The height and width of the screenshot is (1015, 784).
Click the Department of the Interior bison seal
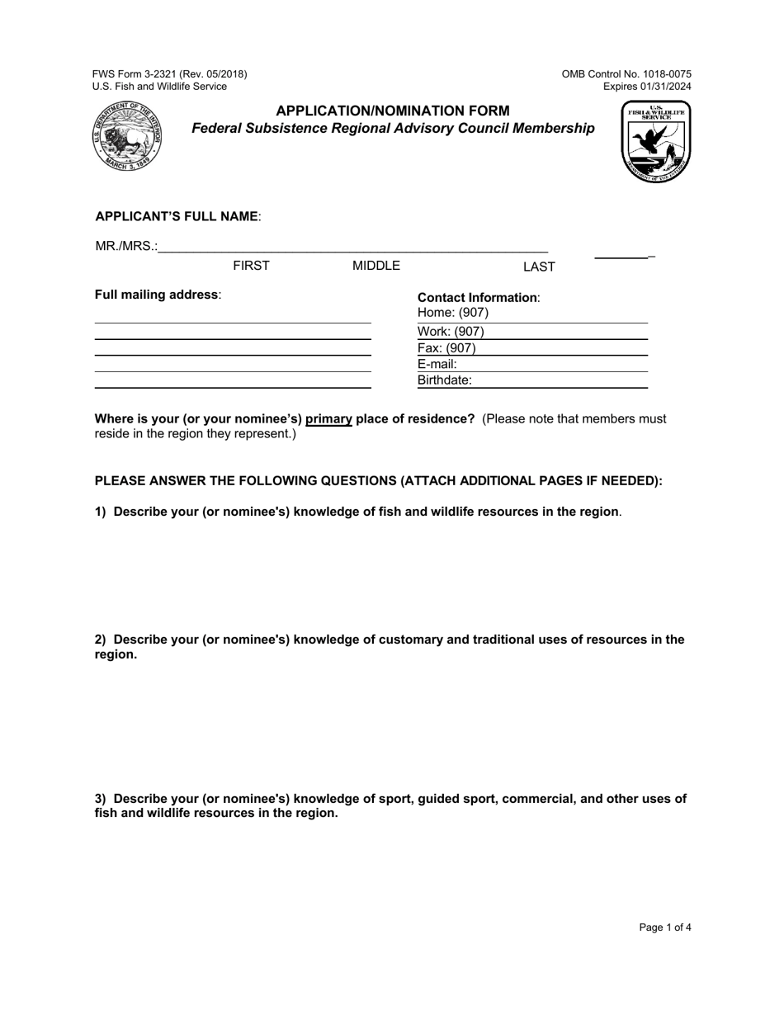127,136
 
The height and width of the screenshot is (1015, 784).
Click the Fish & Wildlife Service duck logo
656,142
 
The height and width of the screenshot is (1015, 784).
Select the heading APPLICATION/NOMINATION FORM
392,111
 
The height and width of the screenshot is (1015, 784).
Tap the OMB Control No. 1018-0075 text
626,74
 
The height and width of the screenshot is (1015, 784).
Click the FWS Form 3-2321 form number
169,74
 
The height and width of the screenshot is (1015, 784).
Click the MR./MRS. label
126,246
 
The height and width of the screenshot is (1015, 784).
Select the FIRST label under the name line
251,266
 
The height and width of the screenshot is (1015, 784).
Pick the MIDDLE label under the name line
376,266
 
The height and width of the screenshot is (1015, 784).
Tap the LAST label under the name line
539,267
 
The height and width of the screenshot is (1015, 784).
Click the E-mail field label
437,364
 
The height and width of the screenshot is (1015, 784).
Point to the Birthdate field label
445,380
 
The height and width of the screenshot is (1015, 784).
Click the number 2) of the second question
101,640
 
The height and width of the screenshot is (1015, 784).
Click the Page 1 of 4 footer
665,928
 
